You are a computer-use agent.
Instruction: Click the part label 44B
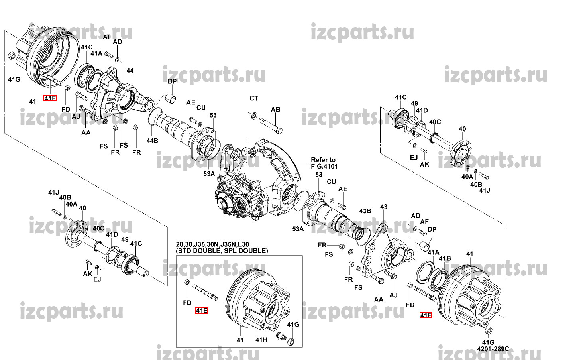point(152,141)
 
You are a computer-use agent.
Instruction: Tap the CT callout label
point(254,98)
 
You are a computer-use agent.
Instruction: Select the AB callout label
point(275,110)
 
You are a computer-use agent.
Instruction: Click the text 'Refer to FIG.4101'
point(324,163)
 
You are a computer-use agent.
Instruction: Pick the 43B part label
point(365,211)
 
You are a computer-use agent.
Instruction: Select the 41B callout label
point(445,258)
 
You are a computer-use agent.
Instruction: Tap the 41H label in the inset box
point(261,340)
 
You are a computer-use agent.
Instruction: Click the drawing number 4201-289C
point(493,349)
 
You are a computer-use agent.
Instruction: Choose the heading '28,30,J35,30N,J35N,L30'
point(212,244)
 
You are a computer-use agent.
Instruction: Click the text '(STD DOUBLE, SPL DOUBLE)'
point(222,251)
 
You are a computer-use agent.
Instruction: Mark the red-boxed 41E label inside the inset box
point(201,311)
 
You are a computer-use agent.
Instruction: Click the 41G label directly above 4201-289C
point(488,342)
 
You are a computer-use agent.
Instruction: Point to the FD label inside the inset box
point(187,303)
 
